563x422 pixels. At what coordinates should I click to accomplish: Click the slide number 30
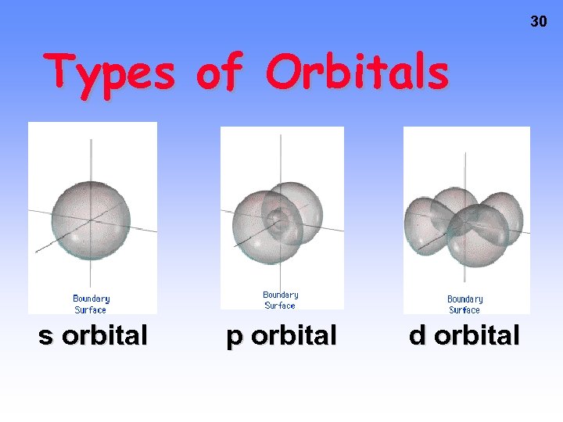[539, 22]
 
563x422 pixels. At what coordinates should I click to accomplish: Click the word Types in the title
[109, 73]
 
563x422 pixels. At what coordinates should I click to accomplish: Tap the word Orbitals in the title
[357, 73]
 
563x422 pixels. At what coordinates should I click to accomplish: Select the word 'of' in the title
[220, 73]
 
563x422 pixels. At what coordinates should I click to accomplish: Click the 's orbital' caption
[93, 335]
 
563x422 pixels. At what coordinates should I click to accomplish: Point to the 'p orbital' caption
[281, 335]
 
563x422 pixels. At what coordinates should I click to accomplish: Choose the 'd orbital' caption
[464, 335]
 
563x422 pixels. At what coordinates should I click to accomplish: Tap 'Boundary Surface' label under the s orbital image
[91, 304]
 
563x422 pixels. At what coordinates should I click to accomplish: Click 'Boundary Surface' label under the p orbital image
[281, 300]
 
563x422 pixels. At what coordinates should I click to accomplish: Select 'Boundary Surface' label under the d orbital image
[465, 304]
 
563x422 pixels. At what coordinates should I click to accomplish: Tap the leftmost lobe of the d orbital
[421, 227]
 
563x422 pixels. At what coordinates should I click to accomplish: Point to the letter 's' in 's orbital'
[46, 336]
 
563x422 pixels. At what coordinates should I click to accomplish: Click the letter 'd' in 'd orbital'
[418, 335]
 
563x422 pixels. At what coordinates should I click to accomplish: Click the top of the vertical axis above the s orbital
[91, 142]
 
